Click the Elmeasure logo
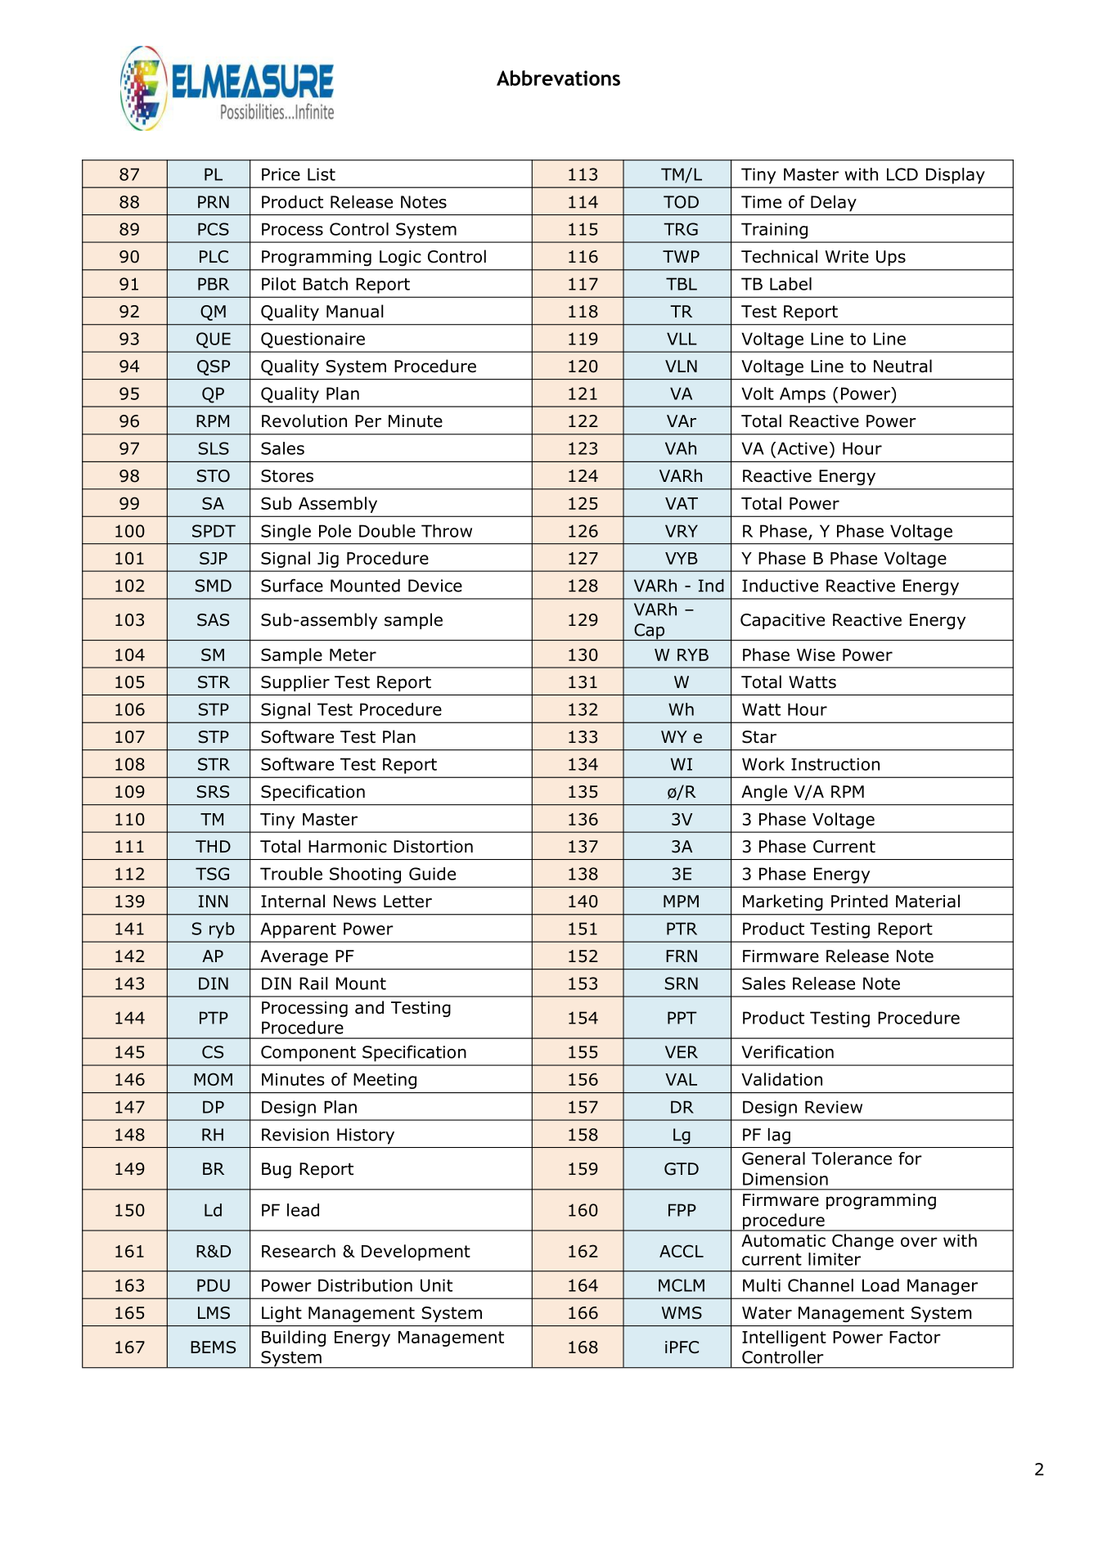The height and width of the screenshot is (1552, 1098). tap(227, 88)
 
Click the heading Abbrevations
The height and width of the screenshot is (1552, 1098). tap(558, 79)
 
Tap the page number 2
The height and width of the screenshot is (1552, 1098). tap(1039, 1469)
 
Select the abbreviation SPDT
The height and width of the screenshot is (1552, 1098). tap(213, 531)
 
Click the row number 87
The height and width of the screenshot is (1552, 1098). tap(129, 174)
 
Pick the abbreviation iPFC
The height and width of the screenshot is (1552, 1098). tap(681, 1347)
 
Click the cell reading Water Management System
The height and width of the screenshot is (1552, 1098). tap(857, 1313)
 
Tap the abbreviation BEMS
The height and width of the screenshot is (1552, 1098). tap(213, 1347)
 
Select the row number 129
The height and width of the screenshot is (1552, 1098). tap(583, 620)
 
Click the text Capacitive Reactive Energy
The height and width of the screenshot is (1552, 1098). tap(853, 620)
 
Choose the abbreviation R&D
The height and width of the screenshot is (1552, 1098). tap(213, 1252)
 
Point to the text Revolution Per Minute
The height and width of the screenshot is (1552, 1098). tap(351, 421)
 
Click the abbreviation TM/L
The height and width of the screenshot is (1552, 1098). tap(681, 174)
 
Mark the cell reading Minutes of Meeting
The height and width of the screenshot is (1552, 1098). tap(339, 1080)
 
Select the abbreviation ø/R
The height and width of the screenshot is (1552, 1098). tap(681, 792)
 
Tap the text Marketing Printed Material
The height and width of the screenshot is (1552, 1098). tap(851, 902)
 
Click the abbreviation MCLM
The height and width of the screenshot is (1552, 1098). tap(681, 1286)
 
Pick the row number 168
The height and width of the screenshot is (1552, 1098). tap(583, 1347)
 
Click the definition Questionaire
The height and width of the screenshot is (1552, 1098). tap(313, 340)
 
